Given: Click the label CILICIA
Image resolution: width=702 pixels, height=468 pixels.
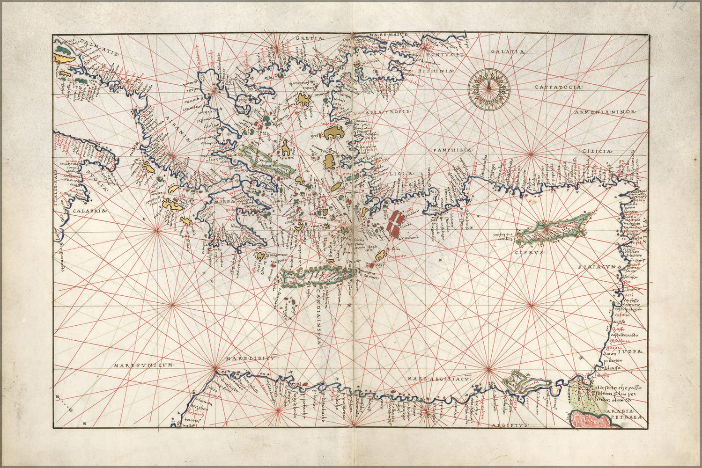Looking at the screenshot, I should pyautogui.click(x=597, y=151).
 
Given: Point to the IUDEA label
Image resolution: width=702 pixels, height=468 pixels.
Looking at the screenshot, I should pyautogui.click(x=631, y=351).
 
